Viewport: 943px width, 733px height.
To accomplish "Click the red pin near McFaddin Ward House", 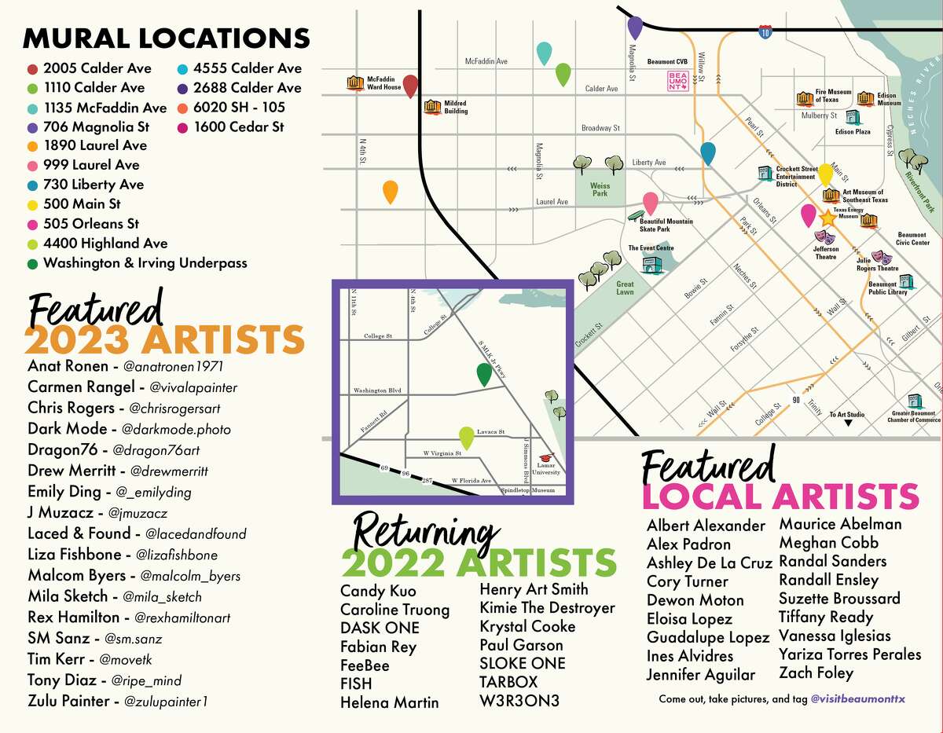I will pos(409,86).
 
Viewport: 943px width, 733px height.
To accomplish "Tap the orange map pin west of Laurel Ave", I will pos(390,191).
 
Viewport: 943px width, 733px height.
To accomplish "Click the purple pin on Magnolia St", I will pos(635,26).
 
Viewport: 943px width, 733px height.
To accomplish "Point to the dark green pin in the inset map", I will pos(485,375).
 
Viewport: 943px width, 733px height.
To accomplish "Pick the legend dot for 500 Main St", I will pos(32,204).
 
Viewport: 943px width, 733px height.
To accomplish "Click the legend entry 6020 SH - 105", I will pos(239,108).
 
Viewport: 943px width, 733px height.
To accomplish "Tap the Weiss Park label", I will pos(600,189).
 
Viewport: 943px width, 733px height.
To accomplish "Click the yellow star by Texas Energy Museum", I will pos(827,218).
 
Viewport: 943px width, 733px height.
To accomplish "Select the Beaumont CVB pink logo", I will pos(677,81).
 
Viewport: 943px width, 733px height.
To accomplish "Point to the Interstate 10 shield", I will pos(766,31).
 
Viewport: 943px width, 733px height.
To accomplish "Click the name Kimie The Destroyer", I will pos(547,607).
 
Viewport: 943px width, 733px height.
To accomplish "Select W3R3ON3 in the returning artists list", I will pos(519,701).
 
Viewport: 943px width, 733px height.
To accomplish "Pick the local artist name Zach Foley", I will pos(816,673).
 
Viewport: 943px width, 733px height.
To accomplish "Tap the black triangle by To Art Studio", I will pos(848,423).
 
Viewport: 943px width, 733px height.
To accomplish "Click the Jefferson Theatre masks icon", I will pos(825,236).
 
